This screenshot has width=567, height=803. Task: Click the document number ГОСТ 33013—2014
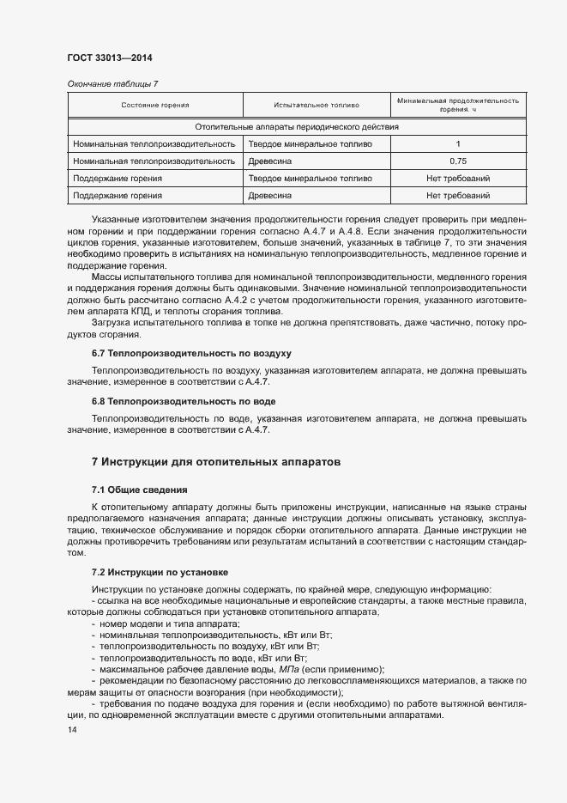110,58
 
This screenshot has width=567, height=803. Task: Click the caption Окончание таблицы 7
112,83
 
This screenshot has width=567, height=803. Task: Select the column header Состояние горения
155,106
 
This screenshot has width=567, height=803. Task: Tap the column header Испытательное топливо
316,106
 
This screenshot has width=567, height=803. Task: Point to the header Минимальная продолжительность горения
458,106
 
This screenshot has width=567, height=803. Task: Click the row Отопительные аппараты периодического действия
297,127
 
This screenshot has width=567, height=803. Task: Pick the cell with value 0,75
458,161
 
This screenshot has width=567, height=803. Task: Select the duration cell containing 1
458,144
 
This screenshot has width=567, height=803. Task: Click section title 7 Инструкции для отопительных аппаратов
216,462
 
